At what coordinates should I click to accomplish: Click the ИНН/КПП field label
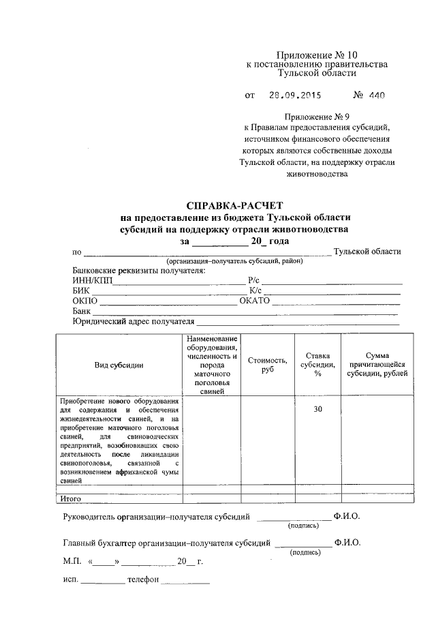pos(93,280)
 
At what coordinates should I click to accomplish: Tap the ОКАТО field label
pos(255,301)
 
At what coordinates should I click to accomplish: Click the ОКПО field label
pos(85,301)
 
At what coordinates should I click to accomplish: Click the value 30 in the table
pos(317,409)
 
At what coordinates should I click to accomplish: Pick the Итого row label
pos(70,498)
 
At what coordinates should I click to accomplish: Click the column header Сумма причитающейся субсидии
pos(377,364)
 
